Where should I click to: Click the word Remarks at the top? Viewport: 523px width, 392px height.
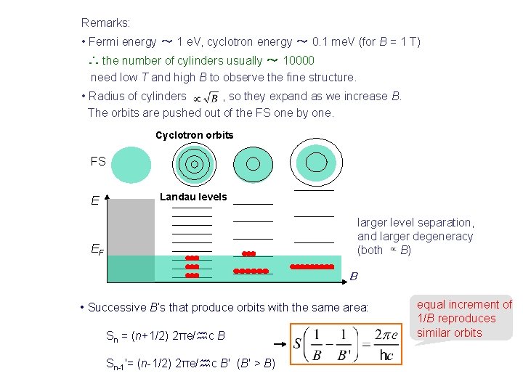click(x=105, y=23)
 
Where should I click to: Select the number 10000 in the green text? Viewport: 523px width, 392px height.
click(x=299, y=61)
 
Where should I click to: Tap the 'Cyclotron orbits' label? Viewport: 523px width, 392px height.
click(x=195, y=135)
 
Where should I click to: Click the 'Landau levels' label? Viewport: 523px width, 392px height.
click(x=193, y=197)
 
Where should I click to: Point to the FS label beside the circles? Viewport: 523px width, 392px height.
click(x=98, y=162)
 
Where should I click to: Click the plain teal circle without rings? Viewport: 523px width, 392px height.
click(x=131, y=166)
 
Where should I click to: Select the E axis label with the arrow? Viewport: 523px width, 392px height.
click(x=96, y=200)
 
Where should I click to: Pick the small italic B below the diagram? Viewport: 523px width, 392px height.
click(x=354, y=276)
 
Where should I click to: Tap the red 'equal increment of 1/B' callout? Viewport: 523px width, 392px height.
click(x=464, y=319)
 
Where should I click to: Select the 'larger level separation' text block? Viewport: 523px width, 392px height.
click(x=415, y=236)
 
